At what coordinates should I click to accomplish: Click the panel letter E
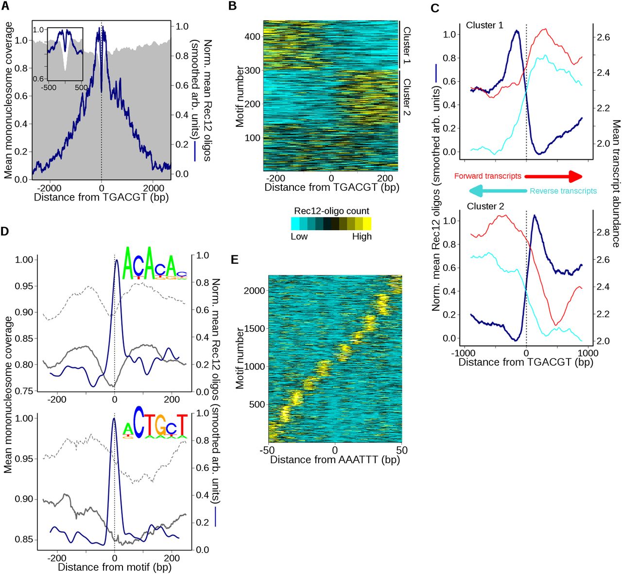[x=235, y=260]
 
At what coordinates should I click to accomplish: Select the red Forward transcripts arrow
[x=554, y=176]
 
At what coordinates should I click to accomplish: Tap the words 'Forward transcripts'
[x=487, y=176]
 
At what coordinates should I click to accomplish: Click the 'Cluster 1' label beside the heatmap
[x=407, y=46]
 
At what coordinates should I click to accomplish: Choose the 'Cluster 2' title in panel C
[x=485, y=206]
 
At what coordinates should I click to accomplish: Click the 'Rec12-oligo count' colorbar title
[x=331, y=211]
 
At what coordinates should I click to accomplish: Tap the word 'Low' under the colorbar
[x=299, y=236]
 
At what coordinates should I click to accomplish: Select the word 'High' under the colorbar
[x=362, y=236]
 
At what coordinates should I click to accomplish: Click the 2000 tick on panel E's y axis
[x=255, y=290]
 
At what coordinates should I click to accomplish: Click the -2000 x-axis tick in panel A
[x=49, y=188]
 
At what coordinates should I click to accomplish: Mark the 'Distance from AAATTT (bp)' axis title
[x=334, y=459]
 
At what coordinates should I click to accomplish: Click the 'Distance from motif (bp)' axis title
[x=114, y=567]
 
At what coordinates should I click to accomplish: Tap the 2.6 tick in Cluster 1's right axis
[x=603, y=37]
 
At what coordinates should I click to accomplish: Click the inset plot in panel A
[x=65, y=53]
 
